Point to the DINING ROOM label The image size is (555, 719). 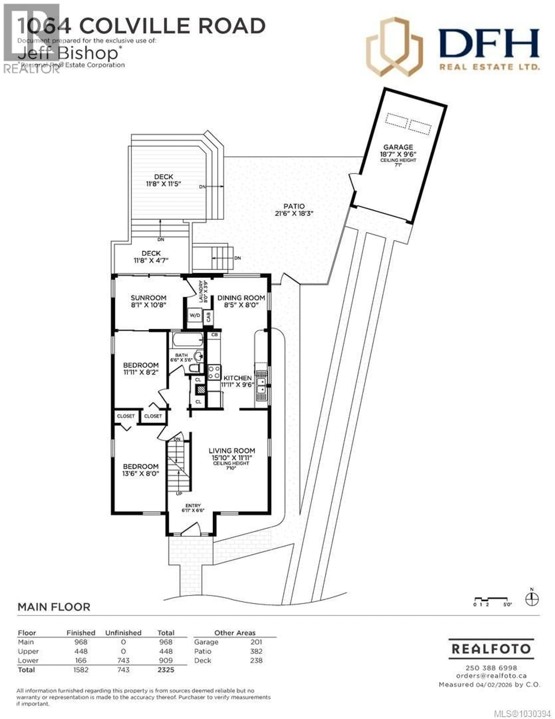point(241,298)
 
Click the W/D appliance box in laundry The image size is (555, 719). point(195,315)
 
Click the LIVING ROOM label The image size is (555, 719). point(232,451)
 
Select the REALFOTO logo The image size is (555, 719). point(491,649)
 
